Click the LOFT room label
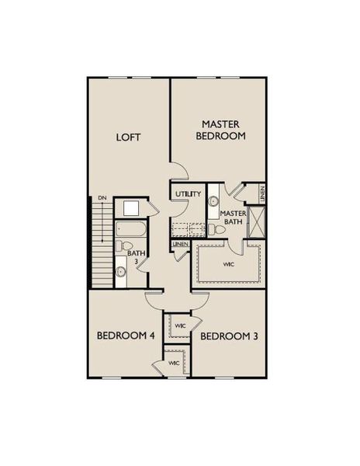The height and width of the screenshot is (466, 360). click(128, 137)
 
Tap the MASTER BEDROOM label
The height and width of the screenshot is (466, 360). click(223, 129)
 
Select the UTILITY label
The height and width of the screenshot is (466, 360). click(189, 194)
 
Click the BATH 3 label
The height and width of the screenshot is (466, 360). click(136, 258)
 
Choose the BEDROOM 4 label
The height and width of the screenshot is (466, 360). click(126, 336)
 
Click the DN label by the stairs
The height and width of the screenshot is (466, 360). click(102, 199)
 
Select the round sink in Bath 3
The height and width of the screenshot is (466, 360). click(121, 272)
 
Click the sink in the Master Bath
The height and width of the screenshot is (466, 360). click(213, 201)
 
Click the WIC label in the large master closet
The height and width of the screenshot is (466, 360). click(228, 265)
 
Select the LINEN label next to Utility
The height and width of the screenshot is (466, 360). click(181, 246)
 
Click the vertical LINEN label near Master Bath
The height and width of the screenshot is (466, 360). click(263, 194)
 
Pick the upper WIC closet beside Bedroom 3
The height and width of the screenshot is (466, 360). click(179, 325)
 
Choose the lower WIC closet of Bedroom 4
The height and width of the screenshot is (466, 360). click(175, 363)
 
